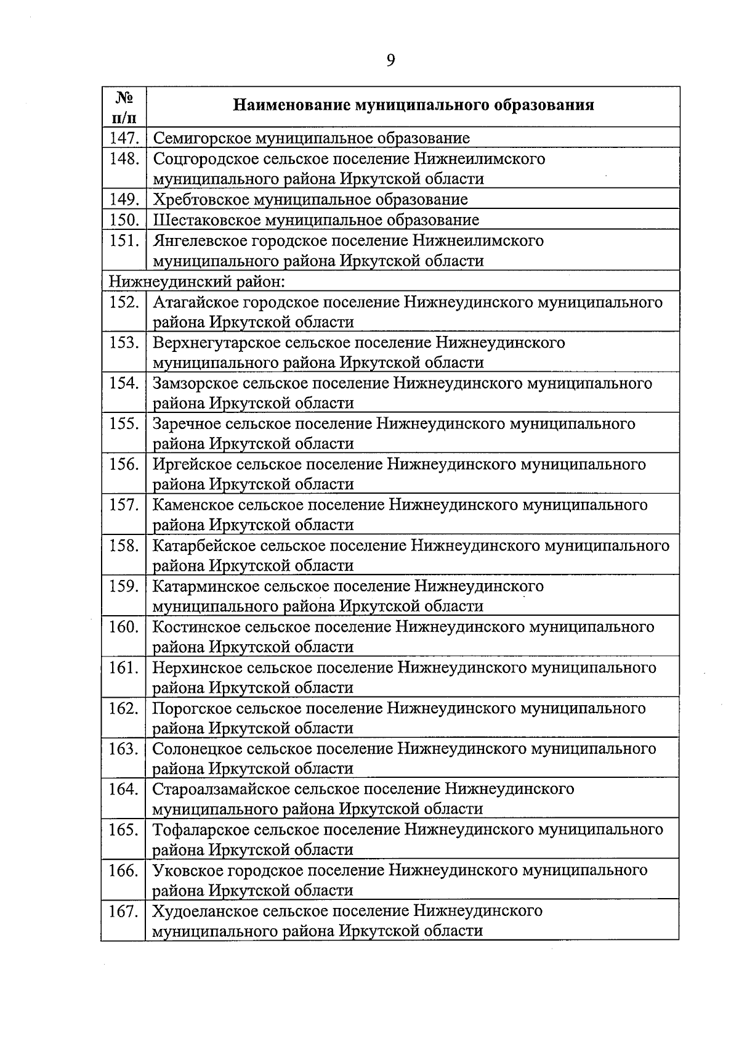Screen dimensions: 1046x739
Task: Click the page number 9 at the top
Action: [x=390, y=60]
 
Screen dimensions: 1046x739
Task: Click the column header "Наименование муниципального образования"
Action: [x=413, y=105]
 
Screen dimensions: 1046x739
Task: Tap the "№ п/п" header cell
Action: [x=124, y=106]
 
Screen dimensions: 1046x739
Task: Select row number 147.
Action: [x=124, y=138]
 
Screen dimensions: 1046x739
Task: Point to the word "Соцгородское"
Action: [x=205, y=159]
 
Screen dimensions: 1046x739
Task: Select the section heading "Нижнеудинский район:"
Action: [x=196, y=282]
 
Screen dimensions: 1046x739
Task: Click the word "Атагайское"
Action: [x=195, y=302]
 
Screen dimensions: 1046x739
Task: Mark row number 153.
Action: [x=124, y=343]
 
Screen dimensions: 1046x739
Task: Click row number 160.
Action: [x=124, y=627]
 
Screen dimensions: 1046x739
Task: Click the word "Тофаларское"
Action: [x=199, y=830]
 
